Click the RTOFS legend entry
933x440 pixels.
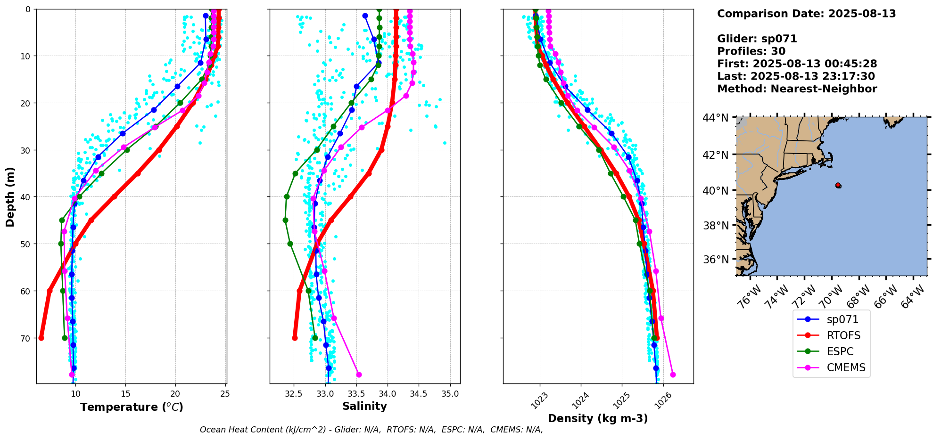[x=843, y=335]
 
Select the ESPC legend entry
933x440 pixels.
[x=840, y=351]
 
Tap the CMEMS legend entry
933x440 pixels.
[x=846, y=367]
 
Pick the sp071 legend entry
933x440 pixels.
[x=842, y=319]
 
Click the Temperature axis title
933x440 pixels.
[x=132, y=407]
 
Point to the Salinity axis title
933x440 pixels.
[x=364, y=406]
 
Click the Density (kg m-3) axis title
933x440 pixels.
[x=598, y=418]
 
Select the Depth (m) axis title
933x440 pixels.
[x=10, y=196]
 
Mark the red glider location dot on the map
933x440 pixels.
[x=838, y=185]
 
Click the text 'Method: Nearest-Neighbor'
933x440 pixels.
[x=797, y=89]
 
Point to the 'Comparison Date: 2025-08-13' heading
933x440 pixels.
[x=806, y=14]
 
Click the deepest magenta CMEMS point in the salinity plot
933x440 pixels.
[x=359, y=375]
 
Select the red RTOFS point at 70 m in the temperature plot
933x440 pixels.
[x=41, y=338]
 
